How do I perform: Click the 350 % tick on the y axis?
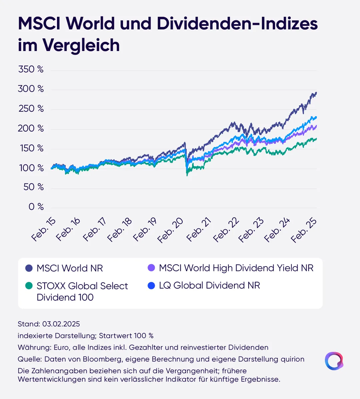(x=31, y=69)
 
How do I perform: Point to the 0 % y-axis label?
(x=36, y=207)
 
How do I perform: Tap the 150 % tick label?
(x=32, y=148)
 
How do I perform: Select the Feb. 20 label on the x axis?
(x=170, y=230)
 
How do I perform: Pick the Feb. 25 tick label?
(x=304, y=230)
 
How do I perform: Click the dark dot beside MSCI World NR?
(x=29, y=268)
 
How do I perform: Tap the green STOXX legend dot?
(x=29, y=286)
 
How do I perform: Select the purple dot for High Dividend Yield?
(x=151, y=268)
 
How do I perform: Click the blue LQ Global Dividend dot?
(x=151, y=286)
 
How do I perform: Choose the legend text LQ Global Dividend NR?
(x=209, y=286)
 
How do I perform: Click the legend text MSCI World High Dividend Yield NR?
(x=236, y=268)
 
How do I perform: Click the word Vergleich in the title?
(x=81, y=46)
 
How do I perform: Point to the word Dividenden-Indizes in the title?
(x=237, y=23)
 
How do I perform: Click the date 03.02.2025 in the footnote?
(x=61, y=324)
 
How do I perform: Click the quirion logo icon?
(x=334, y=361)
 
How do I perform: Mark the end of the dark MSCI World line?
(x=316, y=93)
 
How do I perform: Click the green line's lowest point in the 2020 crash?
(x=187, y=175)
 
